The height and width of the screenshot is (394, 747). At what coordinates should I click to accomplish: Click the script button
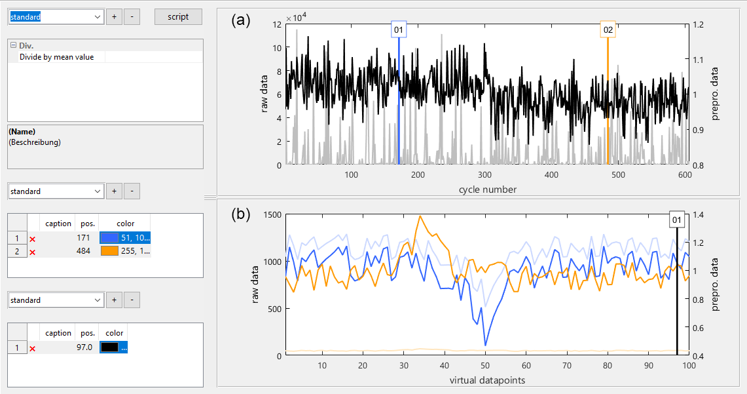pyautogui.click(x=178, y=17)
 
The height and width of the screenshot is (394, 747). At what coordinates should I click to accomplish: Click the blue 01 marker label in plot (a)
pyautogui.click(x=399, y=30)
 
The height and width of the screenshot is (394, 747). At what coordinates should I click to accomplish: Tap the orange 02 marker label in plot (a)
pyautogui.click(x=608, y=30)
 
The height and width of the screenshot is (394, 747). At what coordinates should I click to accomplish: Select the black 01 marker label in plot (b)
pyautogui.click(x=677, y=220)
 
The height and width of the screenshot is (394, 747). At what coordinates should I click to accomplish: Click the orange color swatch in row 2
pyautogui.click(x=109, y=250)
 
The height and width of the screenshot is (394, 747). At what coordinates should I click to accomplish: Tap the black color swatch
pyautogui.click(x=109, y=347)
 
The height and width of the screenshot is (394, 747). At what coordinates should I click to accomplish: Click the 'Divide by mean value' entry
pyautogui.click(x=56, y=57)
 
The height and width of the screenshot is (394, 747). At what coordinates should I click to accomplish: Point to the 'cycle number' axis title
pyautogui.click(x=487, y=189)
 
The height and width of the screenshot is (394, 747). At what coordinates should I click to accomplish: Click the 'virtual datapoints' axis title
pyautogui.click(x=487, y=380)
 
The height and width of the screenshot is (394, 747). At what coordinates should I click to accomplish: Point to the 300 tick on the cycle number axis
pyautogui.click(x=484, y=175)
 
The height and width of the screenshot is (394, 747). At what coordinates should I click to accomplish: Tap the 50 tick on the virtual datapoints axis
pyautogui.click(x=485, y=365)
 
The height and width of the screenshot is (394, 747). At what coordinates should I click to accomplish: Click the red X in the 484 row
pyautogui.click(x=32, y=251)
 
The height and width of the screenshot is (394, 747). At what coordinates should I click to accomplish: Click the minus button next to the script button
pyautogui.click(x=132, y=17)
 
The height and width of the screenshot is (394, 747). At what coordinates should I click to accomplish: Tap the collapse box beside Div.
pyautogui.click(x=12, y=45)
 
